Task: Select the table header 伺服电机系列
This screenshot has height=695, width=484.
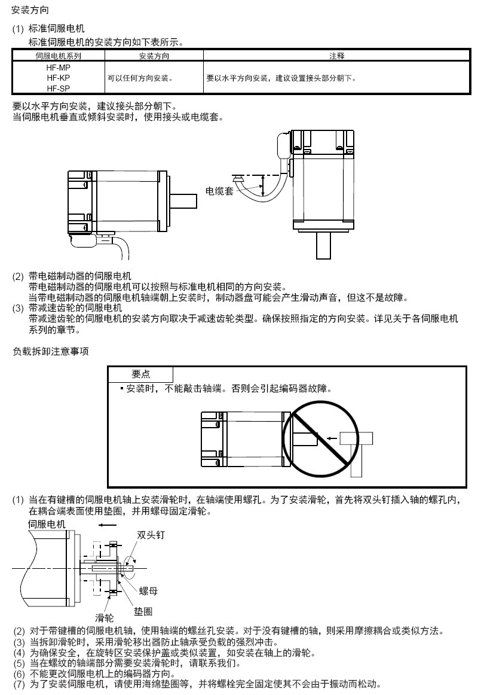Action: pos(58,56)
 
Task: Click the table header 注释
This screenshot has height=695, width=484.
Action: pos(336,56)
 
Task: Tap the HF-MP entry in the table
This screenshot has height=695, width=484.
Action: pos(58,67)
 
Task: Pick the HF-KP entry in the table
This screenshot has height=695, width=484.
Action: pos(58,78)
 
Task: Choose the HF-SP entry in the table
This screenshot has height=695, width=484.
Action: pos(58,89)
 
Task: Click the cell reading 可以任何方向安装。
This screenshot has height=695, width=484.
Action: pos(140,78)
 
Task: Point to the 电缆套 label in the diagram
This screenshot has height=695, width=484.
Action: pos(219,191)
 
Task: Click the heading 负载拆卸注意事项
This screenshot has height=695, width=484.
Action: pos(50,351)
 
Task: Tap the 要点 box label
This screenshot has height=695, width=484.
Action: pos(140,374)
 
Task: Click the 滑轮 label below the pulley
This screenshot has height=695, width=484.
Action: pos(105,617)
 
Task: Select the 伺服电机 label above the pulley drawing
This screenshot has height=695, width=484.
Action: pos(47,524)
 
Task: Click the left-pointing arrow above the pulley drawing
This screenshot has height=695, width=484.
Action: pos(108,525)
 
